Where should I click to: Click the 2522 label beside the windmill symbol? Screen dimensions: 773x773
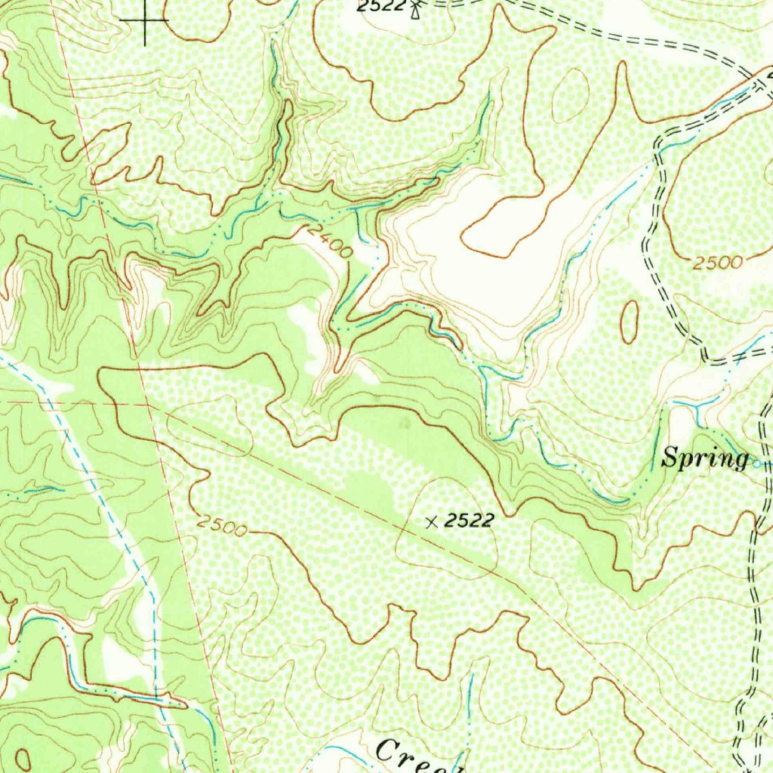click(x=380, y=7)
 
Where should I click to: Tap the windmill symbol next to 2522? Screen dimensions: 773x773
click(x=414, y=8)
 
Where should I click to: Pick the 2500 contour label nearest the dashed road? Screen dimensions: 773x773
click(x=717, y=263)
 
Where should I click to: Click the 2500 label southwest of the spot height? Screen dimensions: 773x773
click(x=221, y=525)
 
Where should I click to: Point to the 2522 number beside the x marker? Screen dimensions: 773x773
click(x=469, y=519)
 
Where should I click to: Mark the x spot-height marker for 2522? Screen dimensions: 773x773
click(x=431, y=521)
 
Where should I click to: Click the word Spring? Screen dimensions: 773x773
click(x=705, y=458)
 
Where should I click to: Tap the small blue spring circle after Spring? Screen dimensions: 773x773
click(x=758, y=463)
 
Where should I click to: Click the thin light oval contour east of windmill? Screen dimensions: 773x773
click(x=571, y=96)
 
